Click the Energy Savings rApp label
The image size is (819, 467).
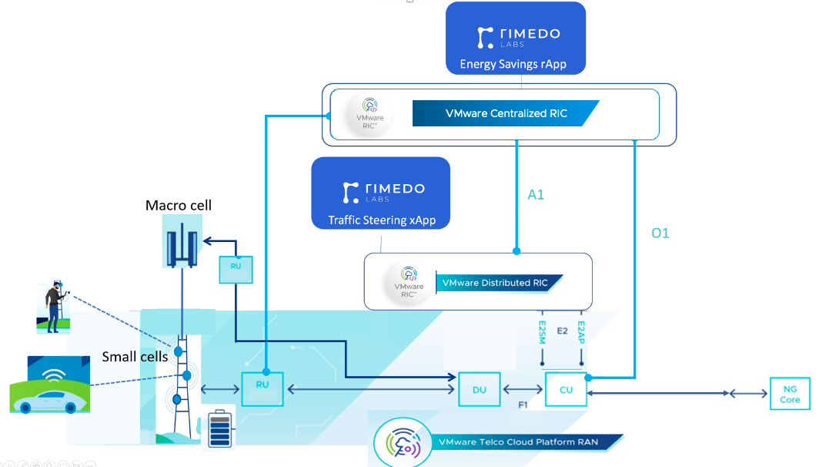pyautogui.click(x=513, y=64)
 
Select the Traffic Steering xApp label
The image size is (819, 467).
pyautogui.click(x=382, y=220)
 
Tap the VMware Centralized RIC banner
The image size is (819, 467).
pyautogui.click(x=506, y=113)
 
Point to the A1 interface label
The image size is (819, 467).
pyautogui.click(x=536, y=195)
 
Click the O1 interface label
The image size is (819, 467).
pyautogui.click(x=660, y=233)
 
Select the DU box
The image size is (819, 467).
pyautogui.click(x=479, y=390)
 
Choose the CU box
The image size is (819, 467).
pyautogui.click(x=566, y=390)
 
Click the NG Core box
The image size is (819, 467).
pyautogui.click(x=790, y=395)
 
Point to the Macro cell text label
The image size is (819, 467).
pyautogui.click(x=179, y=206)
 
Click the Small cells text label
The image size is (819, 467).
pyautogui.click(x=135, y=357)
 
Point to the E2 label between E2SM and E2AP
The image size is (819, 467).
pyautogui.click(x=562, y=331)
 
